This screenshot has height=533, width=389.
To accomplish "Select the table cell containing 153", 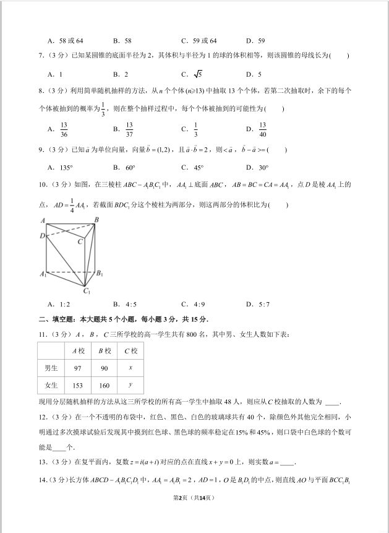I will tap(77, 385).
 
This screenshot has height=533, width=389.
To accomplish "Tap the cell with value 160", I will tap(104, 385).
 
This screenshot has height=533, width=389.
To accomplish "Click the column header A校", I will tap(78, 351).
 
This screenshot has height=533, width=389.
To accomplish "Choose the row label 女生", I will tap(51, 385).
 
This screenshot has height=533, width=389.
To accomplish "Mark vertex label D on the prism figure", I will tap(42, 236).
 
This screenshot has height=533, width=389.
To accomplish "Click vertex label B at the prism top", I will tap(96, 220).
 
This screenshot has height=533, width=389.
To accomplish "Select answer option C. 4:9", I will tap(192, 304).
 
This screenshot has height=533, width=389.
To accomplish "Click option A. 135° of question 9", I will tap(60, 167).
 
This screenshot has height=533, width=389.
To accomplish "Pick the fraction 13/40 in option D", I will tap(262, 129).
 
